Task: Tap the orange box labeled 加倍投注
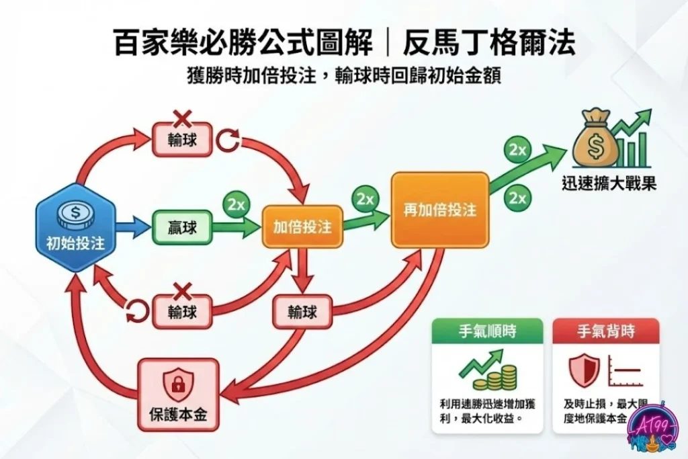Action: point(302,227)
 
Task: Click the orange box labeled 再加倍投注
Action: point(439,210)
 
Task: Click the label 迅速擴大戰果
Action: point(609,183)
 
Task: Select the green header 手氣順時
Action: point(487,331)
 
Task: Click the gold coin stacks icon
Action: point(501,376)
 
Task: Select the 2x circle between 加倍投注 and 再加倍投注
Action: point(365,199)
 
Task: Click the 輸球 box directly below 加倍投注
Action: point(303,311)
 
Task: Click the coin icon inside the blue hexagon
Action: point(75,214)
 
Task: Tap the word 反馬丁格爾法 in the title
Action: point(489,44)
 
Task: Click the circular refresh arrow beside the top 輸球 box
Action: point(228,139)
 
